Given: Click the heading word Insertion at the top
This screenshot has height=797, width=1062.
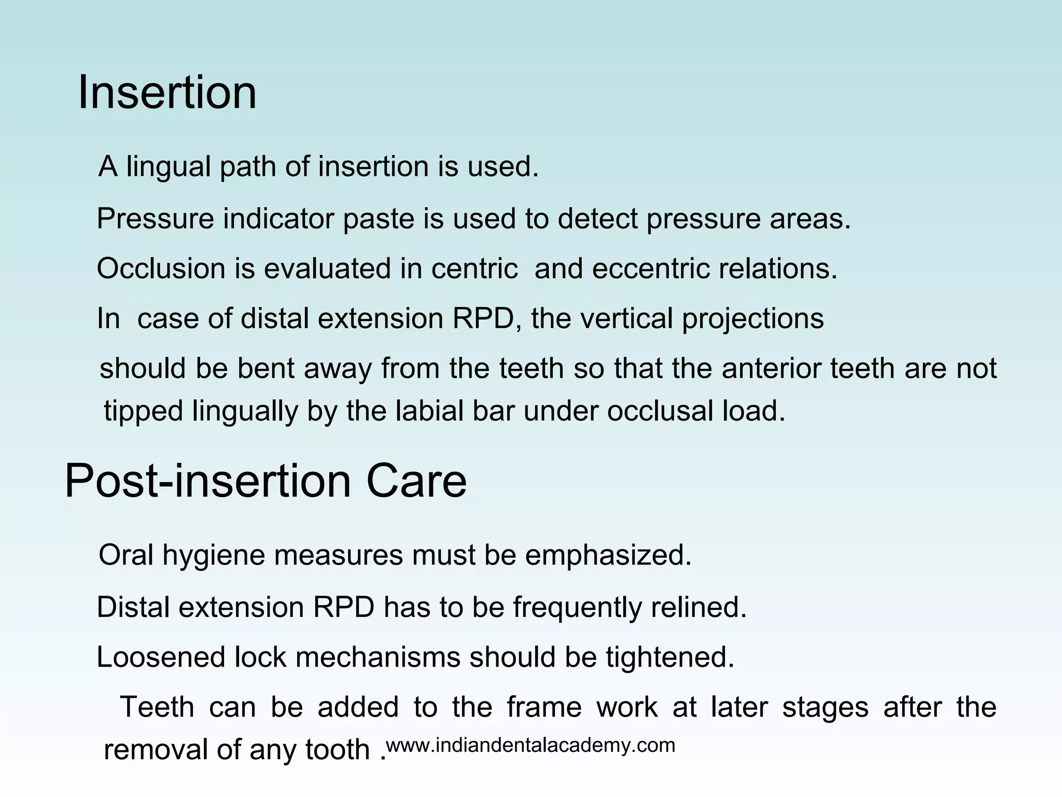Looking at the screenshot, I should (167, 93).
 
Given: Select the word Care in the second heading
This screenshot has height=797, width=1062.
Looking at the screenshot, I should (416, 482).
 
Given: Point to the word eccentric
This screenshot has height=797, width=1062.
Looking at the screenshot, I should (651, 269).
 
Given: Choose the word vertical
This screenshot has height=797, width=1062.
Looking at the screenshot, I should (626, 319).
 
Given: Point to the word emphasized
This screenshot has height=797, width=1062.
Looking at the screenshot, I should (608, 556).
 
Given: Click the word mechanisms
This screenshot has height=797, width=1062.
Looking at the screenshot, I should (378, 657).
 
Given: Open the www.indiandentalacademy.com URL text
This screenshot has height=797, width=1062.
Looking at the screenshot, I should (530, 746).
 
